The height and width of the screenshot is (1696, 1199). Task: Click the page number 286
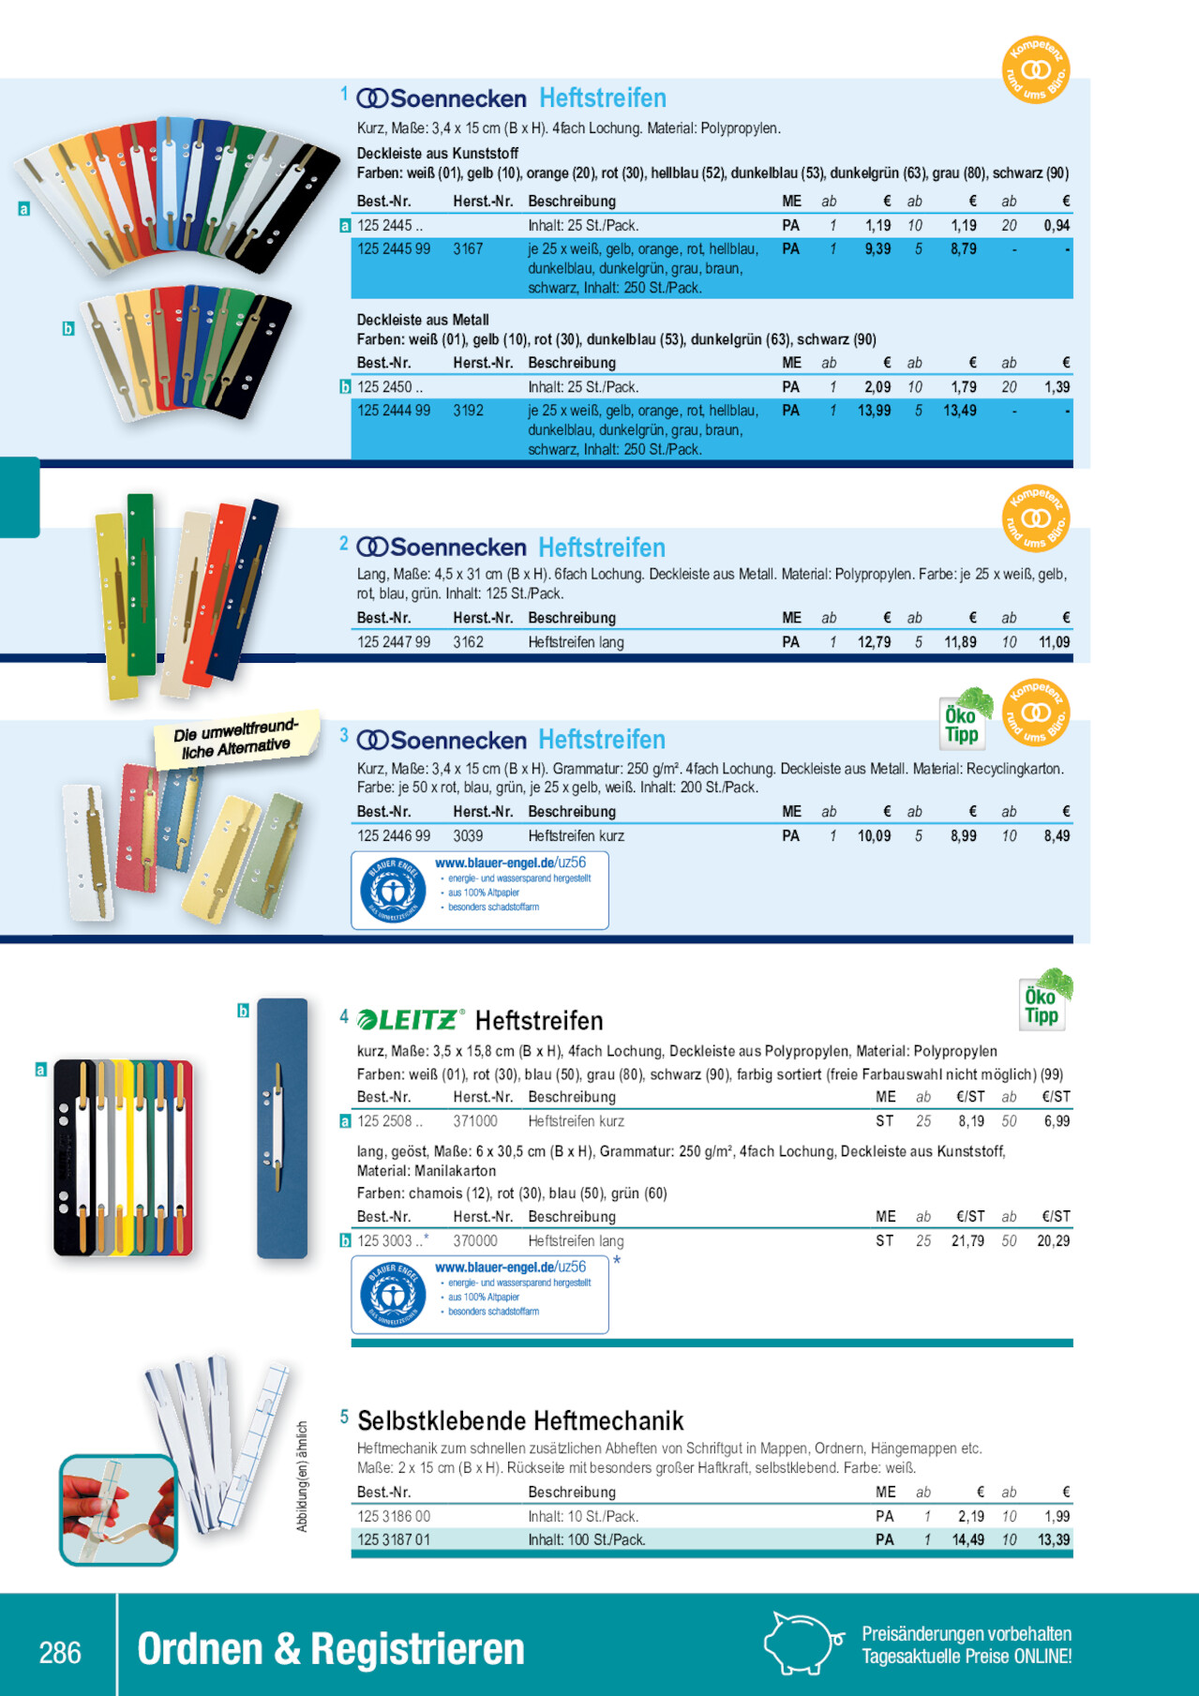pos(60,1652)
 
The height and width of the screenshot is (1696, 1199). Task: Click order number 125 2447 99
pos(394,642)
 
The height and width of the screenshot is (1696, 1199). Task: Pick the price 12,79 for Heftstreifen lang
pos(874,642)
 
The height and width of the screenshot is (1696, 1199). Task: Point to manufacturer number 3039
pos(468,835)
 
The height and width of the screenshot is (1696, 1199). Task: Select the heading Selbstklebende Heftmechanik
pos(520,1420)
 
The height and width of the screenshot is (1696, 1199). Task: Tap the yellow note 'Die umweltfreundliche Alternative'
pos(236,739)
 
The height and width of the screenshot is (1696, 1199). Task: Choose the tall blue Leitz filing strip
pos(282,1128)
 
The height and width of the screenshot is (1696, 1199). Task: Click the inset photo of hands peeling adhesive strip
pos(118,1509)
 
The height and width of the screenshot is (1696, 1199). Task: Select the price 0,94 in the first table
pos(1057,225)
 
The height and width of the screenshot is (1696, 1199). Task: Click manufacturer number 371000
pos(475,1120)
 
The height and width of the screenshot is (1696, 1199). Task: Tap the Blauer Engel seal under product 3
pos(393,891)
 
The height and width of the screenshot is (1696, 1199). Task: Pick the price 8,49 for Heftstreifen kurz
pos(1057,835)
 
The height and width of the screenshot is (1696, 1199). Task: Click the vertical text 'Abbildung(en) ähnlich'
pos(303,1477)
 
